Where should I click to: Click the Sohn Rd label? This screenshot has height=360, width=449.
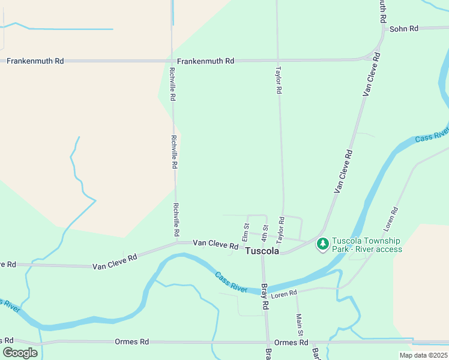point(403,28)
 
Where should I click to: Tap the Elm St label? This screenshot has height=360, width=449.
point(246,230)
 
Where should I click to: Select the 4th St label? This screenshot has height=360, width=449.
point(264,231)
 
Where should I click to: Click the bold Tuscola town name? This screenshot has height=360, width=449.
point(262,251)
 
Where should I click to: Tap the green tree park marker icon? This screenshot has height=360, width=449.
point(323,244)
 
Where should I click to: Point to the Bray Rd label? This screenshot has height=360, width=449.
point(265,298)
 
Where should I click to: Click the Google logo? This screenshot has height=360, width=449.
point(20,353)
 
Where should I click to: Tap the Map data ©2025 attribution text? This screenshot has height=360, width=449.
point(423,355)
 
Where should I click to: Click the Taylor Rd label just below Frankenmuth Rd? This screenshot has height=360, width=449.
point(279,80)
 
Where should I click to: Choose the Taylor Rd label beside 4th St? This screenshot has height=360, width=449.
point(280,228)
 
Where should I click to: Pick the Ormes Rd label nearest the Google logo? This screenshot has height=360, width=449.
point(131,342)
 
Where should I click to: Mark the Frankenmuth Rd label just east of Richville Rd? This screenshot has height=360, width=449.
point(205,61)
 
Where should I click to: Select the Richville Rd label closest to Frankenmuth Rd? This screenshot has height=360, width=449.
point(173,84)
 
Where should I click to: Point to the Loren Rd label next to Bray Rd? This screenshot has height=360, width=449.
point(284,293)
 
